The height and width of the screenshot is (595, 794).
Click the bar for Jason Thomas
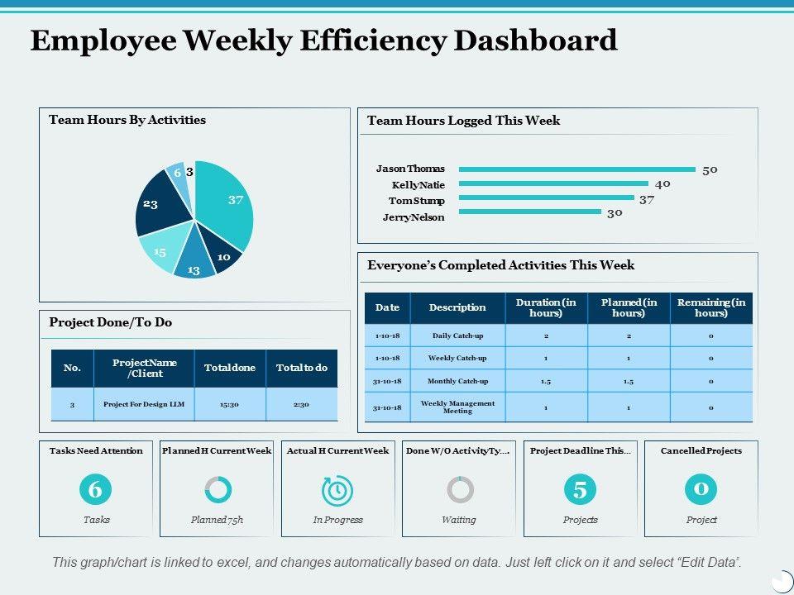(x=576, y=169)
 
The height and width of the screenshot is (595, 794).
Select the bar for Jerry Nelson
(x=529, y=212)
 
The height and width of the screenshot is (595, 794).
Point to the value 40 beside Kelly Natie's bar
(x=662, y=184)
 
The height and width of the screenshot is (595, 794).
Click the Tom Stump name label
(x=417, y=201)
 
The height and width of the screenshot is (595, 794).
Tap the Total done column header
(x=230, y=368)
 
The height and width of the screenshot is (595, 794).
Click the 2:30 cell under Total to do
(x=301, y=404)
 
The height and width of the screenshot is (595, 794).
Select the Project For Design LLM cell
(x=144, y=404)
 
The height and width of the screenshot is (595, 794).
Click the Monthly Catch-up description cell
(x=457, y=381)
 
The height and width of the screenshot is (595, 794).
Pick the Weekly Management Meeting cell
(x=457, y=407)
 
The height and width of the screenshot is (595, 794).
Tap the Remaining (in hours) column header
(x=711, y=307)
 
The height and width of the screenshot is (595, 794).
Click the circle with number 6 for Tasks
(x=95, y=490)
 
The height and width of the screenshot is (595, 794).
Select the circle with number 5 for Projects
(x=580, y=490)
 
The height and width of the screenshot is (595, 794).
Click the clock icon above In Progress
(x=337, y=491)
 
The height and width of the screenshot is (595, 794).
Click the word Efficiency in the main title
(x=377, y=40)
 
